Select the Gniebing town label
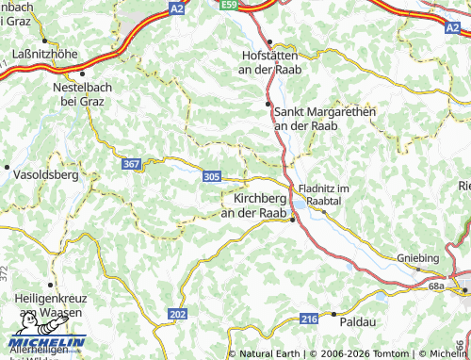click(x=418, y=257)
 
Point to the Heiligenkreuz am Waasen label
click(x=48, y=304)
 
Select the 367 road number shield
click(x=132, y=164)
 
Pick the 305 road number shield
click(x=212, y=175)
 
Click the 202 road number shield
click(x=178, y=313)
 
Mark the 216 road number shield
click(x=309, y=320)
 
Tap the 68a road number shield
click(x=435, y=286)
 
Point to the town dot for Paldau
click(x=333, y=314)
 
